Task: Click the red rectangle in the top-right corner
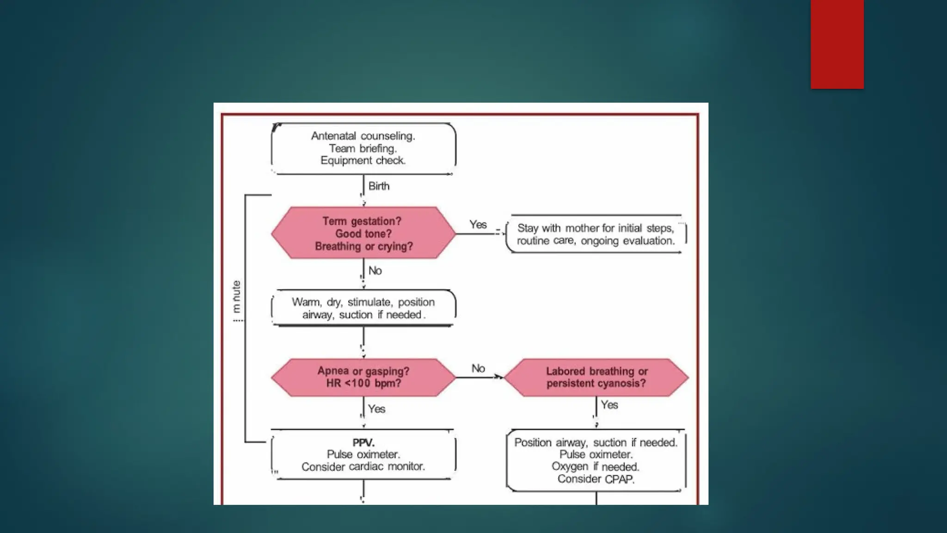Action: coord(837,44)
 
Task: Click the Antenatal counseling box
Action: coord(363,149)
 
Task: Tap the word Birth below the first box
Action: coord(379,186)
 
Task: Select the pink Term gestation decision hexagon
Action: coord(363,233)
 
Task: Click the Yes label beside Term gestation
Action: coord(478,225)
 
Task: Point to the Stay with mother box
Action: coord(596,234)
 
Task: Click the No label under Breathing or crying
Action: coord(375,271)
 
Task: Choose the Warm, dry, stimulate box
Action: coord(363,308)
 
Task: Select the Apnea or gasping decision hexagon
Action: coord(363,378)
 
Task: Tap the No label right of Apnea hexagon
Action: coord(478,368)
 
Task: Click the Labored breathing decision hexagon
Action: coord(596,378)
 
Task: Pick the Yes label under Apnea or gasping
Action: coord(376,409)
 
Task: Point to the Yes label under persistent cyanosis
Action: coord(609,405)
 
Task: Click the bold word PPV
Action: coord(363,443)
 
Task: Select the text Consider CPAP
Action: coord(596,479)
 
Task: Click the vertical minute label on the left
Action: coord(236,301)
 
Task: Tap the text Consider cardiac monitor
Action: coord(363,467)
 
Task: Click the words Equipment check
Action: coord(363,161)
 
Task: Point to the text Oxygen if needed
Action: coord(596,466)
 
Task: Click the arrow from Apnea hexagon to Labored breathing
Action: coord(480,378)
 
